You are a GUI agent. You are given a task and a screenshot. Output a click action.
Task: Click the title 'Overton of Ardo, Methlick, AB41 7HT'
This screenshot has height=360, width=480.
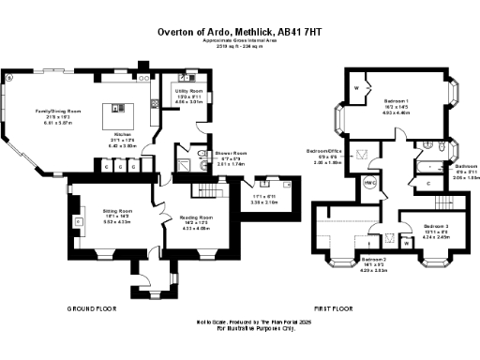[x=240, y=32]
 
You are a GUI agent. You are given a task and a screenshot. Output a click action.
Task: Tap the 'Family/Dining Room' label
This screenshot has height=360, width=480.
[x=58, y=112]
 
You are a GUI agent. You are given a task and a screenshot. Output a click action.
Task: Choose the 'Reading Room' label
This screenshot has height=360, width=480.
[x=197, y=217]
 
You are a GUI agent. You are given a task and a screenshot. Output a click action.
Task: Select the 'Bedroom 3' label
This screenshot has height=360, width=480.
[x=435, y=227]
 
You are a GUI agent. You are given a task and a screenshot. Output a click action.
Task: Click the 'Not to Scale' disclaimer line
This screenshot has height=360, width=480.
[x=240, y=321]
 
